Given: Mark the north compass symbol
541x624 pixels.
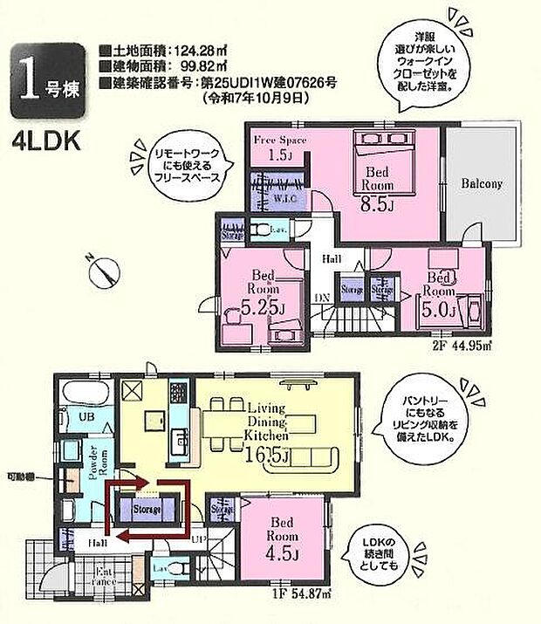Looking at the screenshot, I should [103, 273].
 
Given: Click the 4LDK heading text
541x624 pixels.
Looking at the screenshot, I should [44, 141].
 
